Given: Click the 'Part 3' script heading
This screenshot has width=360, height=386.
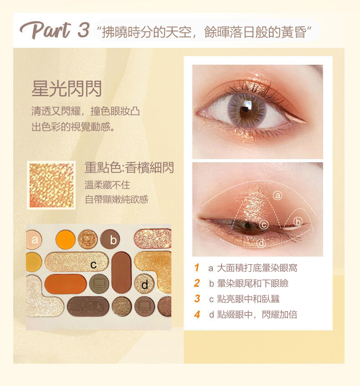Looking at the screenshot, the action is pyautogui.click(x=54, y=30).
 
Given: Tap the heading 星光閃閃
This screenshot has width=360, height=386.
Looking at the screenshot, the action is pyautogui.click(x=67, y=88).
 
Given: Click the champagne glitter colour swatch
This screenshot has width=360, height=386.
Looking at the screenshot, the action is pyautogui.click(x=51, y=185).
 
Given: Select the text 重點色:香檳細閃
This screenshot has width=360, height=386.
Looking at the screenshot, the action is pyautogui.click(x=129, y=168).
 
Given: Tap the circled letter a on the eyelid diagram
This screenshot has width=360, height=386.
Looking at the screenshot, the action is pyautogui.click(x=278, y=196).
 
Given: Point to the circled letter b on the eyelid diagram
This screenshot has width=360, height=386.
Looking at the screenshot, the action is pyautogui.click(x=298, y=222).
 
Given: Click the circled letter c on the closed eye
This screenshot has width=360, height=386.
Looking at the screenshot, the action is pyautogui.click(x=264, y=225).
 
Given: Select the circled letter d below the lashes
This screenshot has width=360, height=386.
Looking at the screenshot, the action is pyautogui.click(x=261, y=243).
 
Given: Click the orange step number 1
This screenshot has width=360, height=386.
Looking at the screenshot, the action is pyautogui.click(x=196, y=268).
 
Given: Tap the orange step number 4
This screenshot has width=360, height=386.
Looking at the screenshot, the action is pyautogui.click(x=197, y=314).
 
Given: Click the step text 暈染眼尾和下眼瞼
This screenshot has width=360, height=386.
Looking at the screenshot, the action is pyautogui.click(x=253, y=283).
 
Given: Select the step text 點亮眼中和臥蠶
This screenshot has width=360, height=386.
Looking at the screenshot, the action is pyautogui.click(x=248, y=299).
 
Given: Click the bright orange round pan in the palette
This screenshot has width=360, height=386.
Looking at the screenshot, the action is pyautogui.click(x=66, y=240).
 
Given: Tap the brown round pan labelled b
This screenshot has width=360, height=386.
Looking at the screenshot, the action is pyautogui.click(x=110, y=239).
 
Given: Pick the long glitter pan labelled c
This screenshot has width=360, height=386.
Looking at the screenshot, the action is pyautogui.click(x=77, y=262).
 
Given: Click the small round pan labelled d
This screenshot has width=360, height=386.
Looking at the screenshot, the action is pyautogui.click(x=144, y=284).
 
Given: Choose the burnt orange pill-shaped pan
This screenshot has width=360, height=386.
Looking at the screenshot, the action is pyautogui.click(x=66, y=284).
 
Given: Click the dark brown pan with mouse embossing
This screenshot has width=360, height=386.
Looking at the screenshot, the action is pyautogui.click(x=88, y=307).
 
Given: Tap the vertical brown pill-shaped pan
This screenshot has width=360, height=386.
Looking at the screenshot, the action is pyautogui.click(x=121, y=273).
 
